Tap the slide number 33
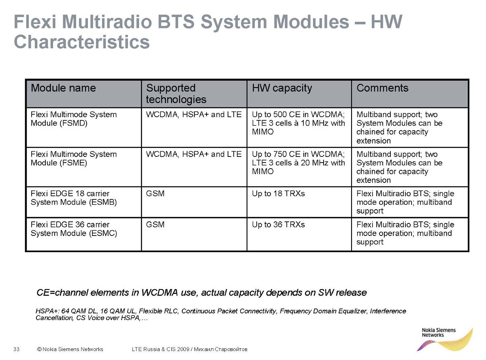point(17,349)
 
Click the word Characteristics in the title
point(82,42)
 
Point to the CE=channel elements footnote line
point(201,293)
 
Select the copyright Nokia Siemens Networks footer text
point(70,349)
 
